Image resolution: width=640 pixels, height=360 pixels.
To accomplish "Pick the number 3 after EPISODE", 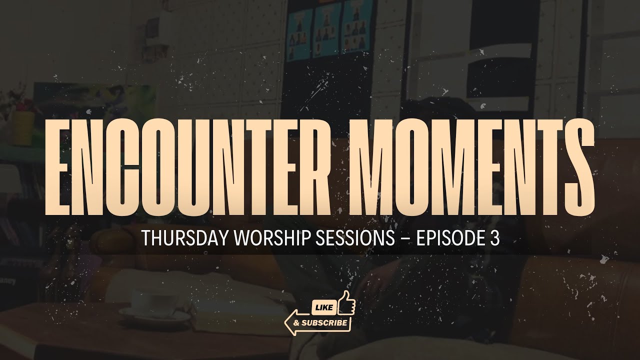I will coord(494,239).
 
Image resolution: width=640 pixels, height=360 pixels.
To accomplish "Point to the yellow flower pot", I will coord(22,127).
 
